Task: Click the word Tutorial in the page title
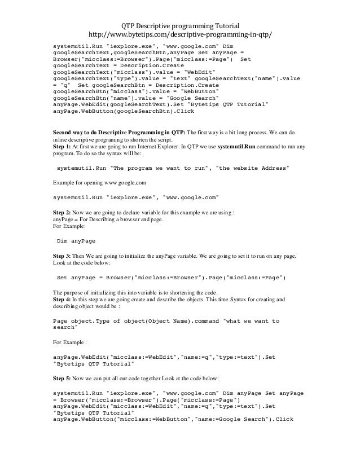tap(222, 26)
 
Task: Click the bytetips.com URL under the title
tap(180, 36)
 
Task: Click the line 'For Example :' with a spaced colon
tap(70, 342)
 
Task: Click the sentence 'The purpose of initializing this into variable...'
tap(135, 292)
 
